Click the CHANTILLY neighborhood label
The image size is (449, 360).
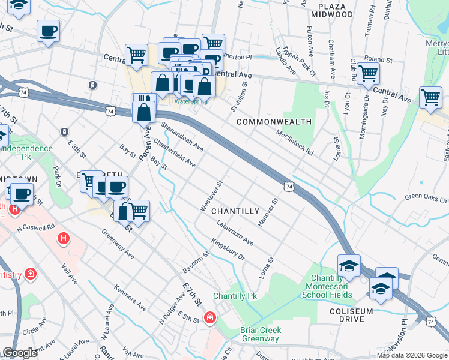click(235, 211)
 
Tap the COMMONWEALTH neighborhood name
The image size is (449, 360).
click(274, 122)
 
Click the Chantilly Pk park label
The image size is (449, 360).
click(235, 296)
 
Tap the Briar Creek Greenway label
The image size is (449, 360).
click(261, 335)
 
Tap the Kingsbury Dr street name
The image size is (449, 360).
click(228, 251)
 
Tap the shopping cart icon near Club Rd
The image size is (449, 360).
click(368, 73)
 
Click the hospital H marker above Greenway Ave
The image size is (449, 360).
click(64, 239)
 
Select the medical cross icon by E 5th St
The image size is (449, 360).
click(210, 317)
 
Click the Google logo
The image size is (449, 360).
click(20, 353)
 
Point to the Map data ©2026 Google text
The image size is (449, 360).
click(411, 355)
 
